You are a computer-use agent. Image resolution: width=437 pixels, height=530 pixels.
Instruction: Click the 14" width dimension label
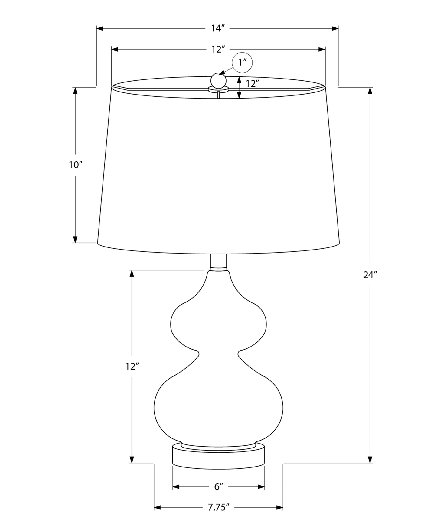click(218, 28)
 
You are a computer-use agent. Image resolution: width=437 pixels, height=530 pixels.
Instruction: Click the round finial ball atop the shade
click(218, 80)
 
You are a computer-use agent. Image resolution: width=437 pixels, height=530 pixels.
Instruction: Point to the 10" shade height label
click(76, 165)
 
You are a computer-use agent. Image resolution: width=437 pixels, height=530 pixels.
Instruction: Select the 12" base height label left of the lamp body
click(132, 367)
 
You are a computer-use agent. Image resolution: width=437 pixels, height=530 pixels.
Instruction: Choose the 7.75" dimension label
click(218, 507)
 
